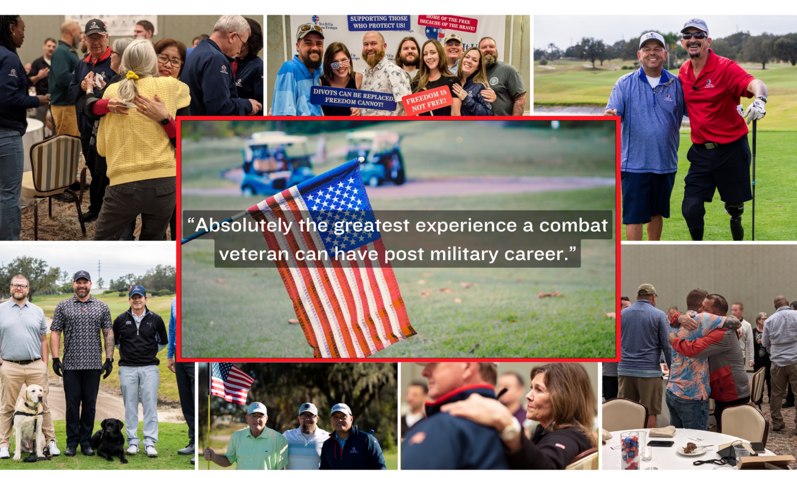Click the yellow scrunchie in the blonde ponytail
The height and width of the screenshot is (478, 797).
(x=132, y=76)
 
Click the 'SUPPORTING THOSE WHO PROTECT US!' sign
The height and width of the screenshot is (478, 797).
(x=379, y=22)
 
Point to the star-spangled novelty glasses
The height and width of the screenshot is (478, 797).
(x=340, y=65)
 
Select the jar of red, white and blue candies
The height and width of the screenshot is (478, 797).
(x=629, y=449)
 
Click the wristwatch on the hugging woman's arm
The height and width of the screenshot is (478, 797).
(x=511, y=429)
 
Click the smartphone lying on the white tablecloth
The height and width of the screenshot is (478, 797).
(x=660, y=443)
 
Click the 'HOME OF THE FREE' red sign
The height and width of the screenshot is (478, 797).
(x=447, y=23)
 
